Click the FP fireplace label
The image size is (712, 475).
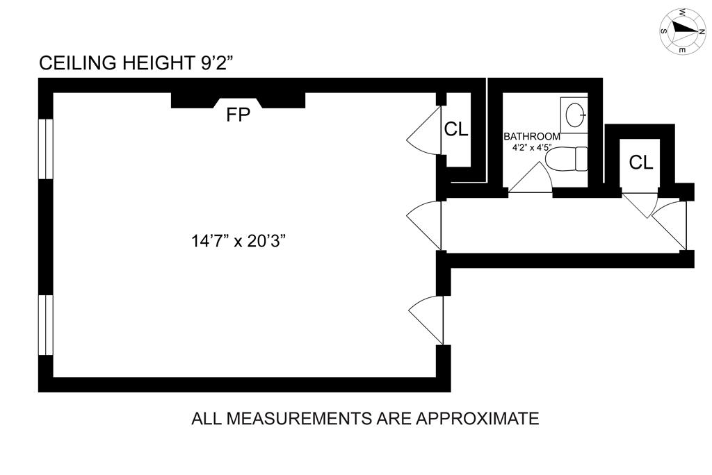(238, 115)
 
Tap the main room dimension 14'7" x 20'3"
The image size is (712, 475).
(238, 241)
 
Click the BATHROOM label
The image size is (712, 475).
(532, 136)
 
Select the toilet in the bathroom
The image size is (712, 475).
(566, 159)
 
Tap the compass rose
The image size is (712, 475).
(683, 31)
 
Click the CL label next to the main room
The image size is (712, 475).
(456, 129)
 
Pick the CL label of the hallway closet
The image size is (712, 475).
(640, 162)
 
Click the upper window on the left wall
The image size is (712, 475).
(45, 149)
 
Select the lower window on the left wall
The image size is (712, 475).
(45, 325)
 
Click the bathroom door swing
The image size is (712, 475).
(531, 177)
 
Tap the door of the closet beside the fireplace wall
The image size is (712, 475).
(423, 131)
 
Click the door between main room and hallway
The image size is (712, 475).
(423, 226)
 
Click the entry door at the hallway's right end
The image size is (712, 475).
(670, 226)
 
